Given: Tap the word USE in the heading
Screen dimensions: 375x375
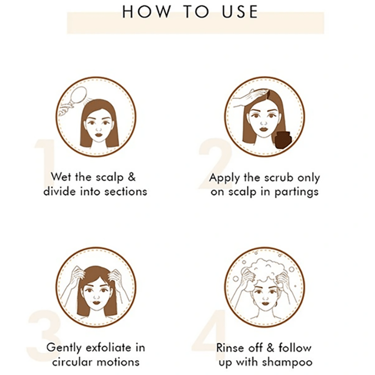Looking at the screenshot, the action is pos(240,12).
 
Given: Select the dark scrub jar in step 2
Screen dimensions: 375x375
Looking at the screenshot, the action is pos(282,140).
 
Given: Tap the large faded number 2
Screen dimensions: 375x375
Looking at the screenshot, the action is pos(214,164).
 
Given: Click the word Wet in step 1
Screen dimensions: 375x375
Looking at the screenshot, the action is pos(62,177).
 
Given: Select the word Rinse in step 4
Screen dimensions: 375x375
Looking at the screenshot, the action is pos(228,348).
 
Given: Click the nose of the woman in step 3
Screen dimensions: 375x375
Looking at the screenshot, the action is pos(97,297).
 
